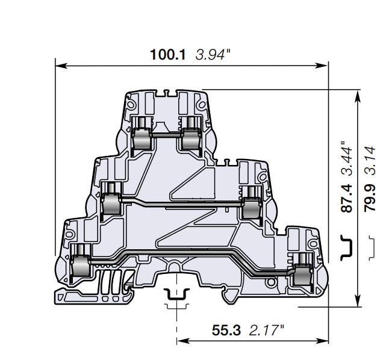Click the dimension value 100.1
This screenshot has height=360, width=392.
(x=168, y=55)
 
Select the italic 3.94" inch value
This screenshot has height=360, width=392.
(x=213, y=55)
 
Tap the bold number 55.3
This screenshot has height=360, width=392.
(x=226, y=330)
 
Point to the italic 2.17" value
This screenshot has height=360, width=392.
(x=267, y=330)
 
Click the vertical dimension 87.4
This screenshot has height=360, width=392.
(x=346, y=199)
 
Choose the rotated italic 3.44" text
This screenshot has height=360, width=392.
(x=346, y=158)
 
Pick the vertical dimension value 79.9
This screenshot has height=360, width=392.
(x=370, y=198)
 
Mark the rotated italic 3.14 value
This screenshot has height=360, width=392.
(x=370, y=161)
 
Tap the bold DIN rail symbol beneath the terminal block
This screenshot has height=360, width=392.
(x=176, y=294)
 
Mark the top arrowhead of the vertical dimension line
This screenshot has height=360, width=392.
(x=358, y=96)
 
